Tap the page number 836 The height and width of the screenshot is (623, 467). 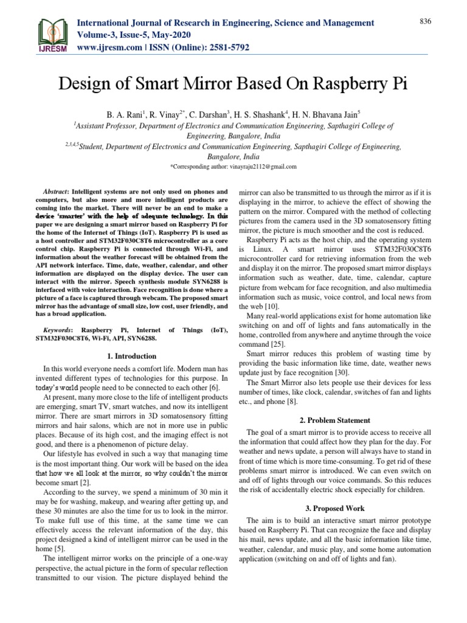[425, 21]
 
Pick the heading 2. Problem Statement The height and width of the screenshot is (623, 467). [335, 420]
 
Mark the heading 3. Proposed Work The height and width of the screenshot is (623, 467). [335, 507]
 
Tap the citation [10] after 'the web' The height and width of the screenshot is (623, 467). [270, 305]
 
